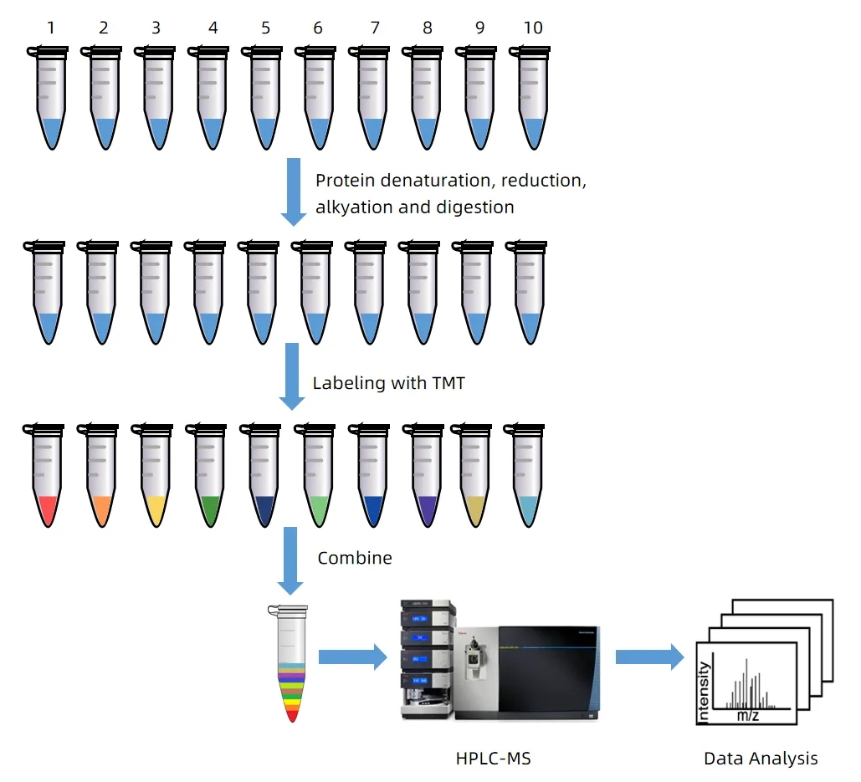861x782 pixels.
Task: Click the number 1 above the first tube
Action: coord(51,28)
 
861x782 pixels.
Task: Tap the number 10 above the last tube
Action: coord(532,28)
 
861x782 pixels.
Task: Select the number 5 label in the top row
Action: coord(265,28)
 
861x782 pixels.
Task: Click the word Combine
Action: coord(355,558)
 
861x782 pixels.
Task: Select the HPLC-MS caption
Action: coord(494,759)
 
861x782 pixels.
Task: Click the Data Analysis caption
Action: coord(761,759)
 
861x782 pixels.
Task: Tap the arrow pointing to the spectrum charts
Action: coord(649,657)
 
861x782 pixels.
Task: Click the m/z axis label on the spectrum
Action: coord(747,715)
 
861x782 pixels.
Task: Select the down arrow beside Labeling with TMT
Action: coord(292,376)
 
